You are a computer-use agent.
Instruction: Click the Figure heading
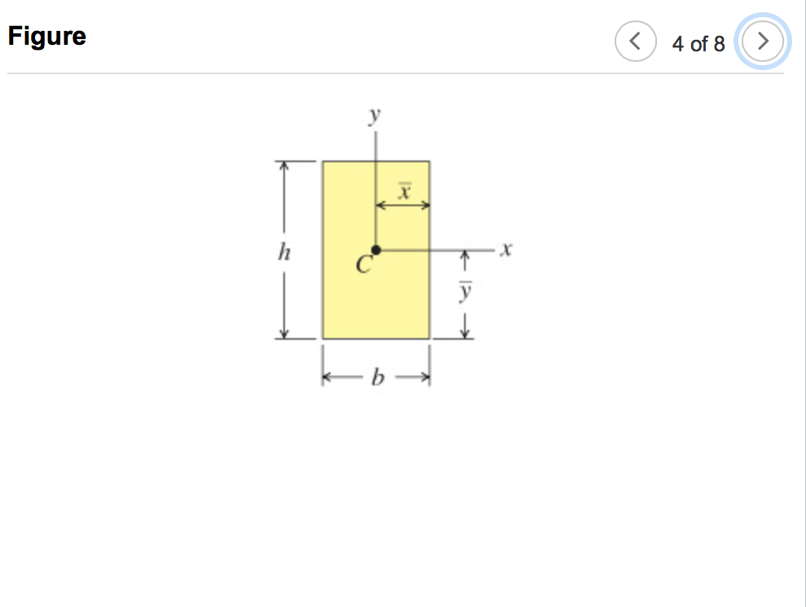tap(47, 37)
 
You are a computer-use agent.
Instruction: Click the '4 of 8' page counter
tap(698, 44)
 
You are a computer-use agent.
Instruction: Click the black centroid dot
tap(375, 250)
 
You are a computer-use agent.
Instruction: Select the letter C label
tap(363, 264)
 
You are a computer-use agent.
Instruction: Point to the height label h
tap(283, 253)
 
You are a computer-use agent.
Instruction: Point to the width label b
tap(376, 377)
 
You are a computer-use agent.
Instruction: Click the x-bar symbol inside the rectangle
tap(403, 191)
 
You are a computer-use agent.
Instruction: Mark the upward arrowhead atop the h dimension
tap(283, 165)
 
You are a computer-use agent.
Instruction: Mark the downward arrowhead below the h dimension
tap(283, 333)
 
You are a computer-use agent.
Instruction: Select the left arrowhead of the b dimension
tap(327, 377)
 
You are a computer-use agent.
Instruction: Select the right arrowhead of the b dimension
tap(424, 377)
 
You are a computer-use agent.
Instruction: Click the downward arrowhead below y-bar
tap(464, 332)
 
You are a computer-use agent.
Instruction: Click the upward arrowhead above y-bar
tap(464, 257)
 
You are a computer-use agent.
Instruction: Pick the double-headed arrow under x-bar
tap(402, 206)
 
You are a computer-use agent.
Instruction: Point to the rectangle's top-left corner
tap(323, 161)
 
